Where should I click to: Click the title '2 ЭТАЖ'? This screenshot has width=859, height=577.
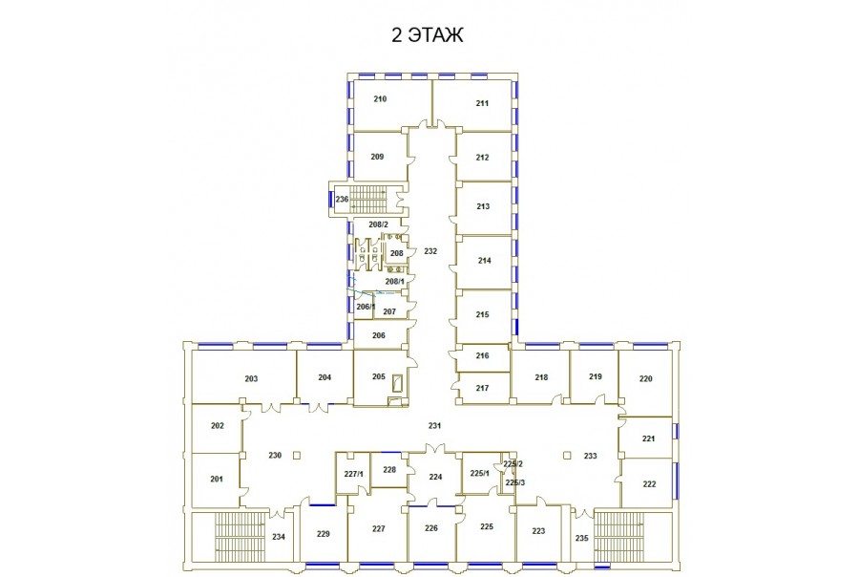(428, 34)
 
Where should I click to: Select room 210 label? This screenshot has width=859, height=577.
(380, 98)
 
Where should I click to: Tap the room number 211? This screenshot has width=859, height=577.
(482, 103)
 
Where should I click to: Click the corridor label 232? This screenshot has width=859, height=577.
(430, 251)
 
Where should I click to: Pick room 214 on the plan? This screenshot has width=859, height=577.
(484, 261)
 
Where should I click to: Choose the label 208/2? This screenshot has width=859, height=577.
(378, 224)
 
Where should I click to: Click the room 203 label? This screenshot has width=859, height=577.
(251, 378)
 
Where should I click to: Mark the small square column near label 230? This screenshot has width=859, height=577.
(297, 455)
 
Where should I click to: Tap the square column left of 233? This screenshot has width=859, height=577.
(568, 455)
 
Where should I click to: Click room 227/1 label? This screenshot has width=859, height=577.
(353, 474)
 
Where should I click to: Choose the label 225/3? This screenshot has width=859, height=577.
(515, 482)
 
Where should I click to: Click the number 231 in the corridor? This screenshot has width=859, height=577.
(434, 425)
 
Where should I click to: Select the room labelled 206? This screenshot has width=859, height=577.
(380, 335)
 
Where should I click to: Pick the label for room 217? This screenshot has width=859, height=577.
(482, 388)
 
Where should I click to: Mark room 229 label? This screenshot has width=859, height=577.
(324, 534)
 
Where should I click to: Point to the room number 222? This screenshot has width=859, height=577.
(649, 483)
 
